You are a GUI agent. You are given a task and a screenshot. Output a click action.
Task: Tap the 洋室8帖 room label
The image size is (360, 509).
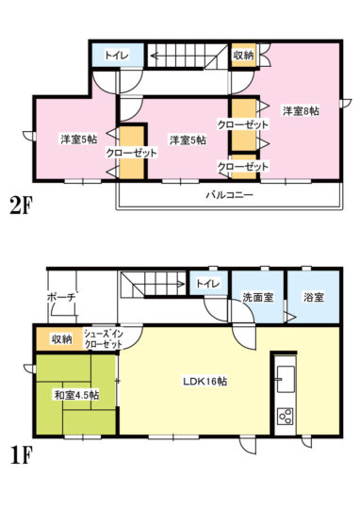(301, 111)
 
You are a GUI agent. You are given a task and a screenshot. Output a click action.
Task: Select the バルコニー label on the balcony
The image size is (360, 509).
(230, 195)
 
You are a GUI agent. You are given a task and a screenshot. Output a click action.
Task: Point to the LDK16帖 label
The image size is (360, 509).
(205, 381)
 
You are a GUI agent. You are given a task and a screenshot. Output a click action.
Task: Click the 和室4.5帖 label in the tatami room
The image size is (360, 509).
(76, 395)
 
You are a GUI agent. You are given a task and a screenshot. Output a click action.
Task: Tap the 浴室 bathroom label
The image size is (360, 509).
(314, 297)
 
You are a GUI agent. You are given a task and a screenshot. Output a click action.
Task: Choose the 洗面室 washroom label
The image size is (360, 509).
(258, 297)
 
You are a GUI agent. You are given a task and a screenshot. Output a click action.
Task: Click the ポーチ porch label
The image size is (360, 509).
(61, 297)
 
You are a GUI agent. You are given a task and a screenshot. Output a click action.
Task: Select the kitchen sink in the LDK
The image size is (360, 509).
(286, 378)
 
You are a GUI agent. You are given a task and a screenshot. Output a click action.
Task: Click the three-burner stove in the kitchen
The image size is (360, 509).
(286, 416)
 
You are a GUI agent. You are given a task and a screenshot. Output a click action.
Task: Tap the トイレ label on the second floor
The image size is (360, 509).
(117, 55)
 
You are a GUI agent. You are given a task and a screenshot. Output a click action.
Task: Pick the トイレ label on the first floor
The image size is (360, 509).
(208, 284)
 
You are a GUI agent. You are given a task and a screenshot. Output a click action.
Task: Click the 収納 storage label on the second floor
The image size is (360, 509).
(243, 55)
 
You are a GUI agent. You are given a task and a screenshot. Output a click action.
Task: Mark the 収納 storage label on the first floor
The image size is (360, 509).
(61, 339)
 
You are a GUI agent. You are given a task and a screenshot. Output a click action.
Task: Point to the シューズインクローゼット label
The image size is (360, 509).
(104, 339)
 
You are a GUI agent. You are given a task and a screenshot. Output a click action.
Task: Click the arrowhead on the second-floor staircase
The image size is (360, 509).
(155, 56)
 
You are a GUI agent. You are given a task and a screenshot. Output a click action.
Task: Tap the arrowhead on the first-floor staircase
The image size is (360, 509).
(180, 284)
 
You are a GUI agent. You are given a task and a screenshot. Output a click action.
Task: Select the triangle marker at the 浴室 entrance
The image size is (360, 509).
(291, 317)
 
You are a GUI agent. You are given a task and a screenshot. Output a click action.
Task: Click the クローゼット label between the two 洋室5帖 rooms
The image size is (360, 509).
(131, 153)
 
